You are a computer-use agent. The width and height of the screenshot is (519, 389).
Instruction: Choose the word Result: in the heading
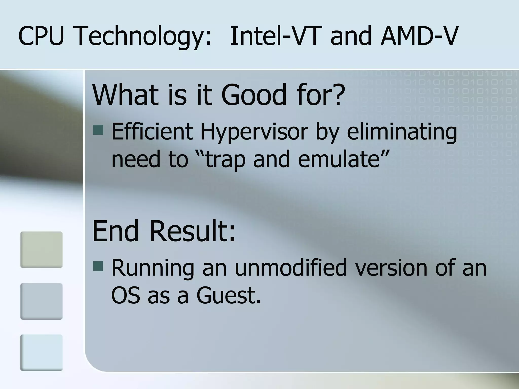coord(193,231)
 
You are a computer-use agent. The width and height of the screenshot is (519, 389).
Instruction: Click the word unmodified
coord(290,268)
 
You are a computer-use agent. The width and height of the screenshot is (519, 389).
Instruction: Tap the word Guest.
coord(228,295)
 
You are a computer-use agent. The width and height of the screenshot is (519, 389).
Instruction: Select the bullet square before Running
coord(98,266)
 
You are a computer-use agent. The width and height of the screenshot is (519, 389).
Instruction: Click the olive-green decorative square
coord(41,249)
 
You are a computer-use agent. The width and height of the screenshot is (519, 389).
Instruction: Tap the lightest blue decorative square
coord(41,353)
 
